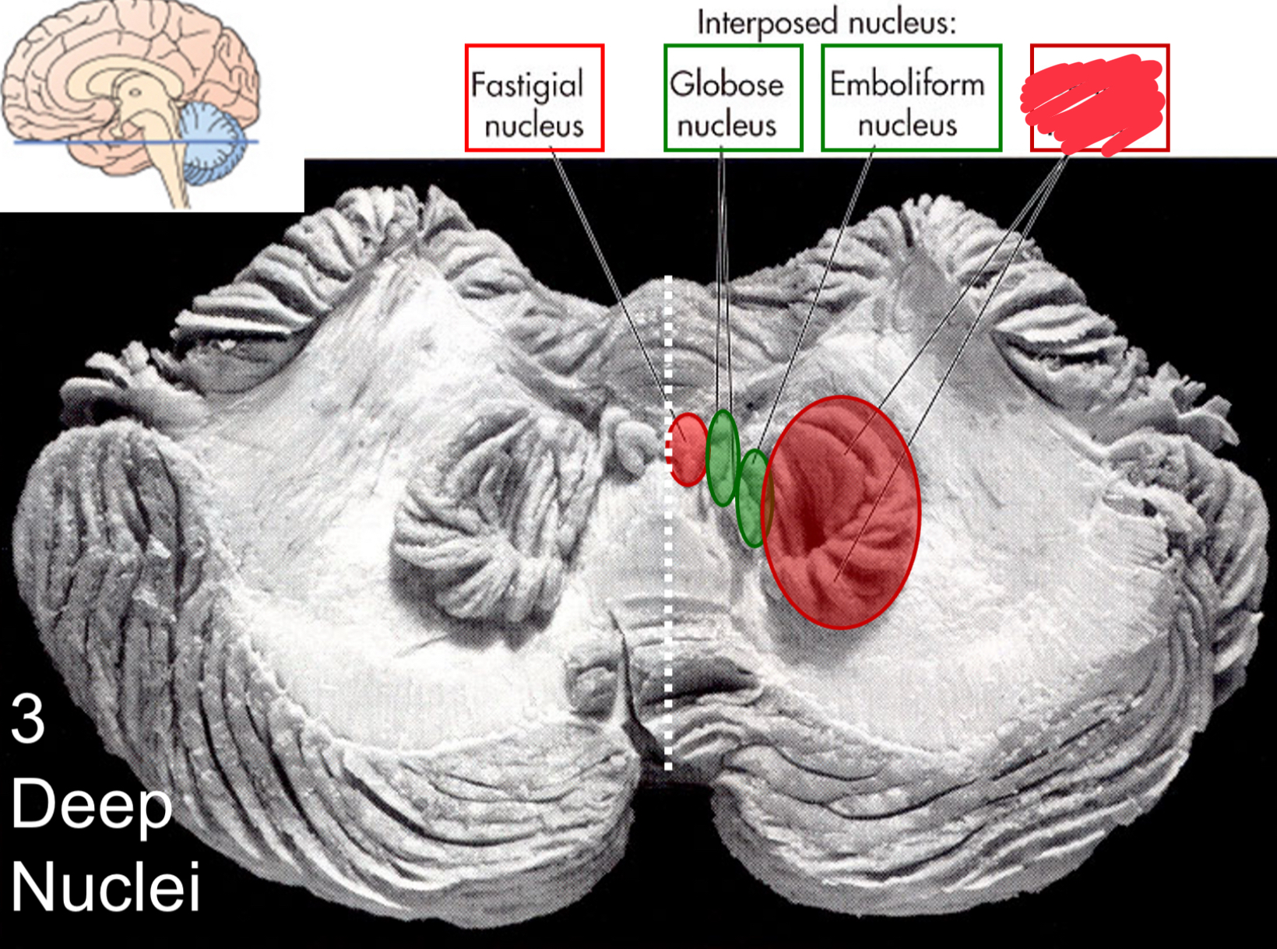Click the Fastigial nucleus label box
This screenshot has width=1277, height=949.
[534, 97]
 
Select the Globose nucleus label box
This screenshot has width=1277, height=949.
[733, 97]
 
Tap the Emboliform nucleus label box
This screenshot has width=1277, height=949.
[911, 97]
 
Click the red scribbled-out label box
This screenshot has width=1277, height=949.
[1099, 97]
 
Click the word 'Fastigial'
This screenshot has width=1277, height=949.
[527, 84]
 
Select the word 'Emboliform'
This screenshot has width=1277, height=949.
[907, 83]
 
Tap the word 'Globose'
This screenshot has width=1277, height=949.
[726, 83]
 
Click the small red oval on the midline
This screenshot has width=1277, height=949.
[688, 450]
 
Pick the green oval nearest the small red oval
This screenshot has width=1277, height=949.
[723, 458]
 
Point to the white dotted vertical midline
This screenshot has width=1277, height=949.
[668, 623]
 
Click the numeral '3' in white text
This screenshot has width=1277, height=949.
[28, 719]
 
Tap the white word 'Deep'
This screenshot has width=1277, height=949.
[90, 806]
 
